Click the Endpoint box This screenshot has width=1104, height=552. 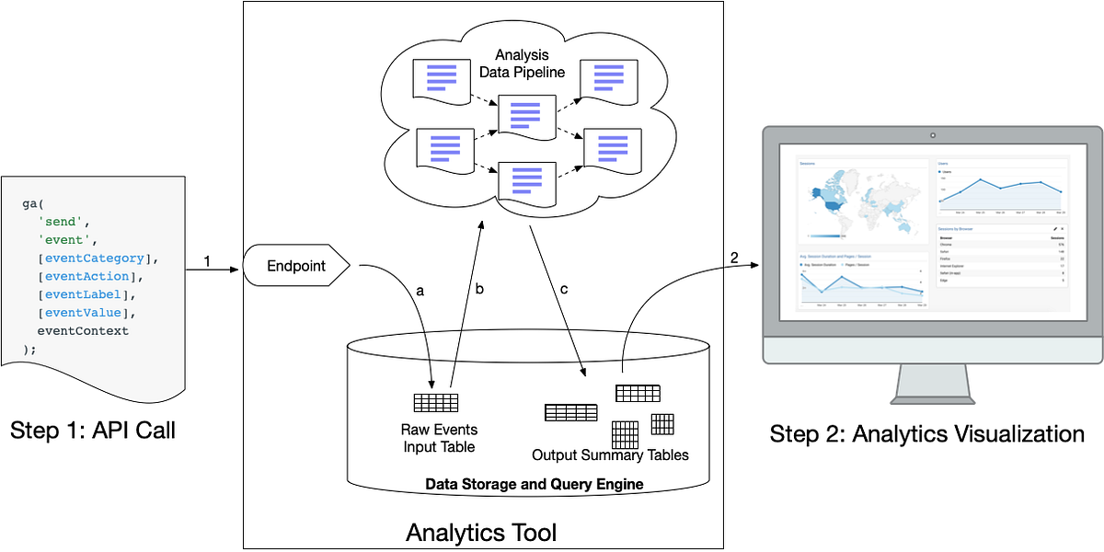coord(296,267)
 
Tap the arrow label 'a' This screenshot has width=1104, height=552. coord(420,290)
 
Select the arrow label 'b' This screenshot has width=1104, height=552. coord(478,289)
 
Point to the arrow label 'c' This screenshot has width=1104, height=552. coord(564,289)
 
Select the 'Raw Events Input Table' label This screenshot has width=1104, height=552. coord(439,438)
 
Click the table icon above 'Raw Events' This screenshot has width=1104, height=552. coord(435,402)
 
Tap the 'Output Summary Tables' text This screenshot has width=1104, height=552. coord(610,454)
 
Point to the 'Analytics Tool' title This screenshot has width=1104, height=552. coord(481,532)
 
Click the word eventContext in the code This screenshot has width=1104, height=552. coord(83,330)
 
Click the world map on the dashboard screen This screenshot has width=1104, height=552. coord(856,201)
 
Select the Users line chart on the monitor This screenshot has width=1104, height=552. coord(1000,191)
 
